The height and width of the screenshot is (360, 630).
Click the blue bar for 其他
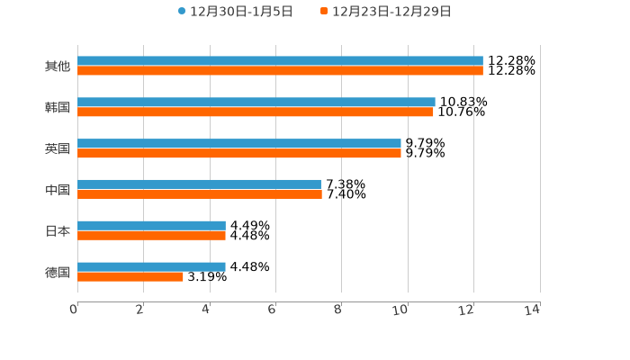pos(280,61)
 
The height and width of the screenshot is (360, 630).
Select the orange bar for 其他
pos(280,71)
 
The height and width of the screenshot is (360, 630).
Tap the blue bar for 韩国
pos(256,103)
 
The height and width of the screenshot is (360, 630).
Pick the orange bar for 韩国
pos(256,112)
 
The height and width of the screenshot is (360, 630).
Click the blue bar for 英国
pos(239,143)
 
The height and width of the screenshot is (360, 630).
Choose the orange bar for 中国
pos(200,194)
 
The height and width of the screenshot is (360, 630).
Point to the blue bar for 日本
pos(151,225)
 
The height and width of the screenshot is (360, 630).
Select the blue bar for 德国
pos(151,266)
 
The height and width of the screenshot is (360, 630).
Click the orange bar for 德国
pos(130,276)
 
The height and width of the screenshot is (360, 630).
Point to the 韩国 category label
pos(58,108)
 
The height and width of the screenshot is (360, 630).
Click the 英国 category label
pos(58,148)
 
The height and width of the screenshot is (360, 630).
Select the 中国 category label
pos(58,190)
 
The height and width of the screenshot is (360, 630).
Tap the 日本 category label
pos(58,230)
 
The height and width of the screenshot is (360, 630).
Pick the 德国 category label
pos(58,272)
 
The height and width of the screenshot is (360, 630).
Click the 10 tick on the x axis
pos(401,310)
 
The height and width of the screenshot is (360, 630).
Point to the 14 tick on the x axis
pos(533,310)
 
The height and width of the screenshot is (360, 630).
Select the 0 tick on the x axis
pos(75,310)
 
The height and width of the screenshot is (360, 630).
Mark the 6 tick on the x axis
pos(272,310)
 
